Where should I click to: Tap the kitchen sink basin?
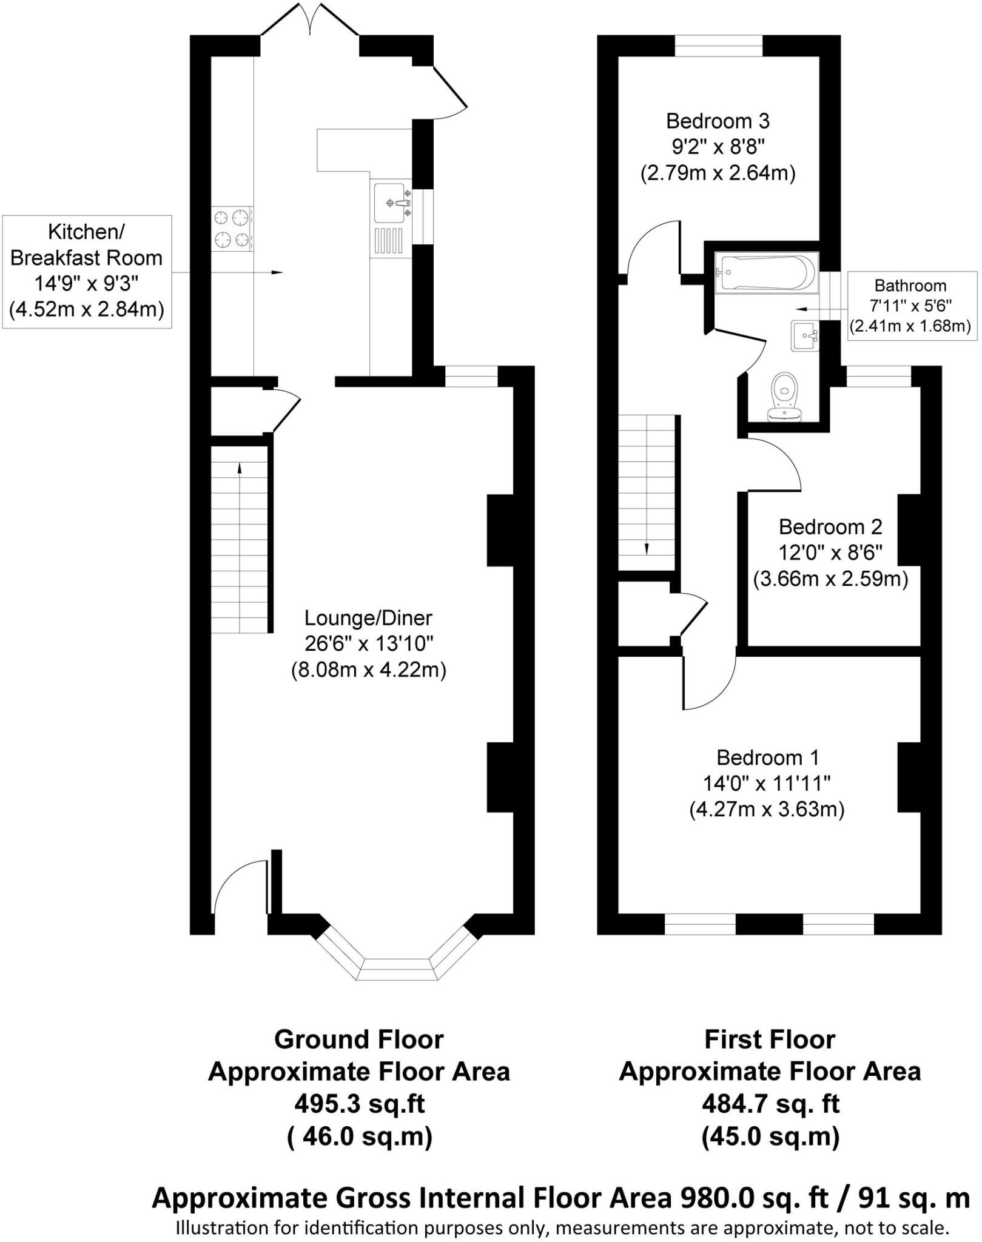click(388, 203)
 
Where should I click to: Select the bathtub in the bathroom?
click(767, 272)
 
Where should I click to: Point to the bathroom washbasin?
click(804, 336)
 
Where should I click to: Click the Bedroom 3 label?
click(718, 121)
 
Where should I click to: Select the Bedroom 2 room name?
click(830, 526)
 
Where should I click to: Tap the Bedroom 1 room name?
click(767, 757)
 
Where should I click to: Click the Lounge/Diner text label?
click(368, 618)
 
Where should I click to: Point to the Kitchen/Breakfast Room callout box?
click(87, 271)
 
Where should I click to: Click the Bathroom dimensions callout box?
click(909, 306)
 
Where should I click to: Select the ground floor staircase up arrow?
click(240, 467)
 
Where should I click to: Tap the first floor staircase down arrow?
click(647, 548)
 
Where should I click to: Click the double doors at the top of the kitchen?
click(309, 21)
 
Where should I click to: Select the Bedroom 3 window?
click(718, 45)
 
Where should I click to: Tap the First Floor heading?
click(769, 1039)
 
